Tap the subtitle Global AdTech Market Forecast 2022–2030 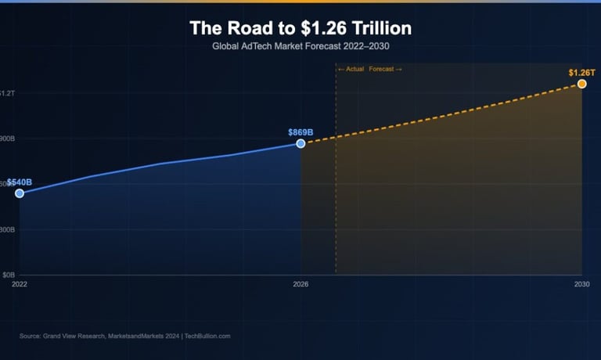pyautogui.click(x=300, y=47)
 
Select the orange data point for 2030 pyautogui.click(x=581, y=84)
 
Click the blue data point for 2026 pyautogui.click(x=300, y=143)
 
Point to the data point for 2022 pyautogui.click(x=20, y=193)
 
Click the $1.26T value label pyautogui.click(x=581, y=73)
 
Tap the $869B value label pyautogui.click(x=300, y=132)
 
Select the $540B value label pyautogui.click(x=20, y=182)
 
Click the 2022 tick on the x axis pyautogui.click(x=20, y=284)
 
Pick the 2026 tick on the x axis pyautogui.click(x=300, y=284)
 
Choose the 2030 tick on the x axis pyautogui.click(x=581, y=284)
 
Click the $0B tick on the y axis pyautogui.click(x=8, y=275)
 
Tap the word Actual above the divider pyautogui.click(x=354, y=70)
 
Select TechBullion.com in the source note pyautogui.click(x=207, y=336)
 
